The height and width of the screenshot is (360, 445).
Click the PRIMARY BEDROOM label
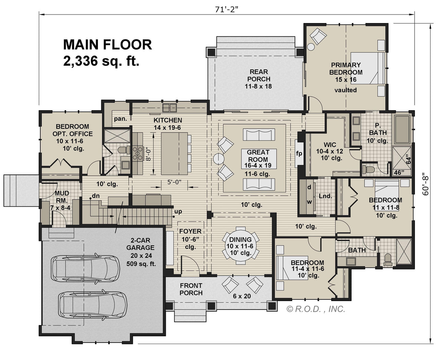(x=345, y=69)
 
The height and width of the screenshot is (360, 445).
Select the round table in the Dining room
(x=240, y=244)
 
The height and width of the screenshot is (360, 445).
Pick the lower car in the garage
(x=92, y=304)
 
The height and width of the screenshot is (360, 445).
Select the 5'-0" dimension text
(x=171, y=182)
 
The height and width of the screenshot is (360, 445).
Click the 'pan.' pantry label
(x=121, y=119)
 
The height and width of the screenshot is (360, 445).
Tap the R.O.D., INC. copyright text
(x=316, y=309)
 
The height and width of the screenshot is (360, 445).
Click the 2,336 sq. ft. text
(x=101, y=60)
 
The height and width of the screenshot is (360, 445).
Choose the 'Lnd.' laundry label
(x=325, y=196)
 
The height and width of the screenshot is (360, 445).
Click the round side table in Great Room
(x=218, y=159)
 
